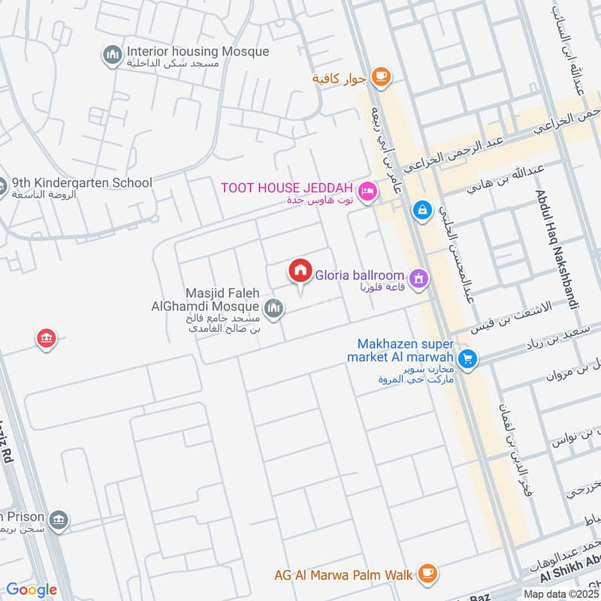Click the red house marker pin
click(x=300, y=271)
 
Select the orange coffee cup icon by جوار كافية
click(x=382, y=76)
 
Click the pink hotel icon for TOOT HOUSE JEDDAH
click(x=367, y=190)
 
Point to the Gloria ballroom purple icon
click(x=418, y=279)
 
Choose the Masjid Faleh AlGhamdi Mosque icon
click(x=272, y=307)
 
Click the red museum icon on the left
click(x=47, y=339)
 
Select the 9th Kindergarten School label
click(x=82, y=183)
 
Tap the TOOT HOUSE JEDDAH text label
click(x=288, y=187)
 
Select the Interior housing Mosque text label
click(x=198, y=52)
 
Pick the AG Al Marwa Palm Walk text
click(x=343, y=575)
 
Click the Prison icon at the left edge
click(x=59, y=519)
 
